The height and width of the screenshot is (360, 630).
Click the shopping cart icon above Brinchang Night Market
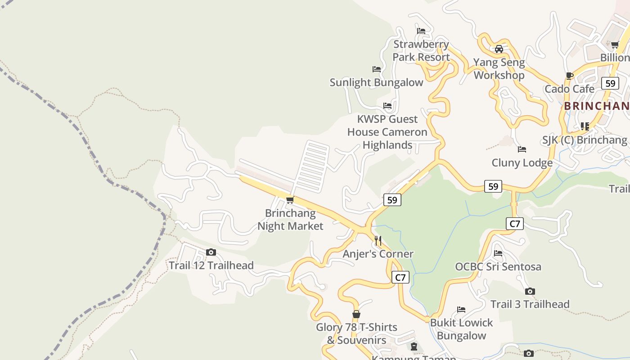[x=290, y=200]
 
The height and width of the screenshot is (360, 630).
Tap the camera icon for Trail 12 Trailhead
[x=211, y=252]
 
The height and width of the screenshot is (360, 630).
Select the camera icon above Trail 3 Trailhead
[x=530, y=291]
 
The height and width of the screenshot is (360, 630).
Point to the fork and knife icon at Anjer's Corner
[x=378, y=241]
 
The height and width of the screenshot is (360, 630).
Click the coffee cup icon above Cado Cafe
[x=570, y=76]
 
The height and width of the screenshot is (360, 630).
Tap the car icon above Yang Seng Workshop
[x=499, y=49]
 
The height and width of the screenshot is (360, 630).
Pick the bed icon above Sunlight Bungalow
[x=377, y=69]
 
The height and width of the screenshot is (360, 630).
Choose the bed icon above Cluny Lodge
[x=522, y=149]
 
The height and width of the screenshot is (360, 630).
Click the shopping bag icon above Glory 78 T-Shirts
[x=356, y=314]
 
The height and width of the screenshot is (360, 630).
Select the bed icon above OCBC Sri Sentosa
[x=498, y=253]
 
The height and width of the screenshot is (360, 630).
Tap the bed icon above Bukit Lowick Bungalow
[x=461, y=310]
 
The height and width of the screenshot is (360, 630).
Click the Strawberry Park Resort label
[x=421, y=50]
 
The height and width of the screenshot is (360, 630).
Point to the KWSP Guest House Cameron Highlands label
[x=387, y=132]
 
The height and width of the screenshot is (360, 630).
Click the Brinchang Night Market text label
[x=290, y=220]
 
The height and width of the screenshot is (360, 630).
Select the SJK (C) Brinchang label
[x=584, y=140]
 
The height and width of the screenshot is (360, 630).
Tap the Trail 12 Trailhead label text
[x=211, y=265]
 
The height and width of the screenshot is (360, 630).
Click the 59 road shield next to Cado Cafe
[x=610, y=83]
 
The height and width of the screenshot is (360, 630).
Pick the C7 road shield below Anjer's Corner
[x=400, y=277]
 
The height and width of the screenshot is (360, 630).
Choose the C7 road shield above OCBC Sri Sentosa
[x=515, y=224]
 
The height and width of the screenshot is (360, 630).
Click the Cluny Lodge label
[x=522, y=162]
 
